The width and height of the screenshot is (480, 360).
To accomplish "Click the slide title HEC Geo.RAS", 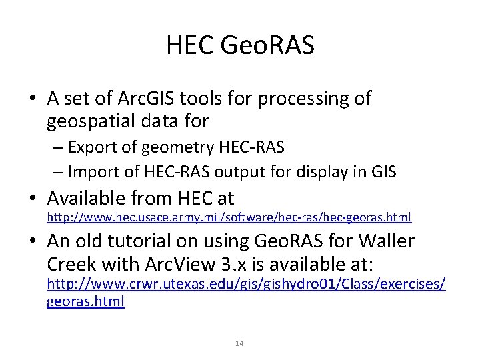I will point(240,45).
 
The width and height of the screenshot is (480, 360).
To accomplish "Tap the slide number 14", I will point(240,343).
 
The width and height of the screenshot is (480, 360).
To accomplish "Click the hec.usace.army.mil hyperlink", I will point(229,217).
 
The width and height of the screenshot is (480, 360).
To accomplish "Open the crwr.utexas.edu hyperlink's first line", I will point(245,285).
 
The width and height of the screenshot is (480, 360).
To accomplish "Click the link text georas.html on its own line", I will point(85,301).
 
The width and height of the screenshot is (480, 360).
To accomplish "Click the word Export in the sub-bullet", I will point(92,147).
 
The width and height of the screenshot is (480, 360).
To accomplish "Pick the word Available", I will point(95,198).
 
